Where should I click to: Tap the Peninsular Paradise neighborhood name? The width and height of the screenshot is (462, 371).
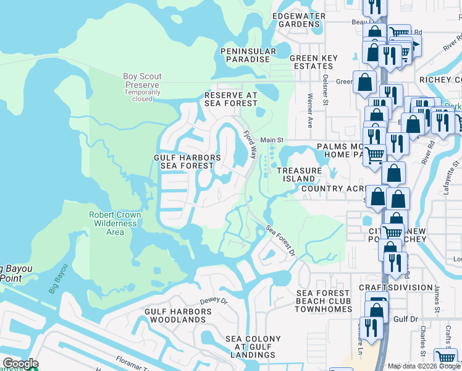[246, 54]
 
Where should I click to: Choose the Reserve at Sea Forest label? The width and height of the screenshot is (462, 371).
[230, 100]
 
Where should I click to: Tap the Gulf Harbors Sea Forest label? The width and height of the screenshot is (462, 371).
[187, 161]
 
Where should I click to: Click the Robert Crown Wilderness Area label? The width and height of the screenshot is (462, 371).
[115, 223]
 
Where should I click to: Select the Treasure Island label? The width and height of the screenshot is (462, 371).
[299, 174]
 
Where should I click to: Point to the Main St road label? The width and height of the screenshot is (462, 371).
[271, 140]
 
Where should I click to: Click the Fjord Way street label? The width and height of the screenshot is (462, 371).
[250, 145]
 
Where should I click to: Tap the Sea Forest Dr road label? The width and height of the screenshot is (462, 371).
[281, 241]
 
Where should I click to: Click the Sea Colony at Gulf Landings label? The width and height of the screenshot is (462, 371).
[253, 347]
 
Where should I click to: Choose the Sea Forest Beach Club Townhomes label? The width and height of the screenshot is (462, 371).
[324, 301]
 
